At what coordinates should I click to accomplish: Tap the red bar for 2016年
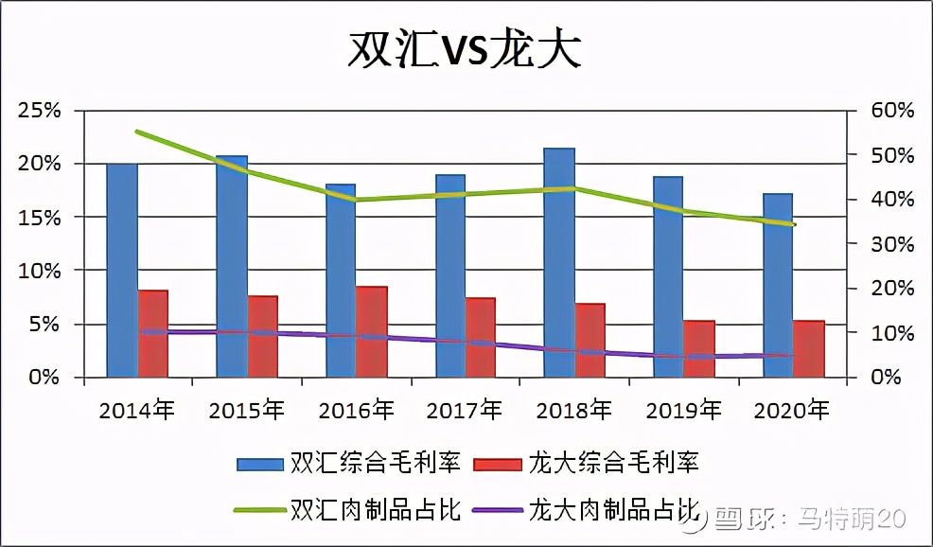click(x=372, y=332)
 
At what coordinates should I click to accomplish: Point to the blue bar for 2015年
click(x=232, y=267)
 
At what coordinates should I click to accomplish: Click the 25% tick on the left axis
click(x=39, y=111)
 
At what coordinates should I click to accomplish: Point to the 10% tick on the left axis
click(x=39, y=271)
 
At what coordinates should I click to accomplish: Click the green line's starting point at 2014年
click(x=137, y=132)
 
